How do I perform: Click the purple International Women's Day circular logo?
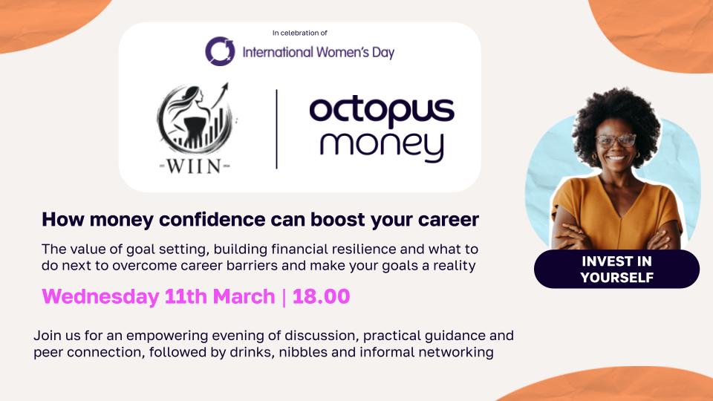coord(220,51)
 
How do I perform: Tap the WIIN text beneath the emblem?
coord(195,166)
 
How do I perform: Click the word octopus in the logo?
coord(382,111)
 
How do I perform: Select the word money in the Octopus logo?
coord(382,146)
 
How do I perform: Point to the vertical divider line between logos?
coord(276,129)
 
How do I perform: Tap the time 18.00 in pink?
coord(321,296)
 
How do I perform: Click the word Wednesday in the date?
coord(100,297)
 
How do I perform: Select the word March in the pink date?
coord(244,296)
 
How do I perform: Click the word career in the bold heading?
coord(449,220)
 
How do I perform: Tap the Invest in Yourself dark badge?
coord(616,269)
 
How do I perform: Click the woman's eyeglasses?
coord(616,140)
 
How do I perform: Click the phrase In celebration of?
coord(299,33)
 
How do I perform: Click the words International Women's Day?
coord(319,52)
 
